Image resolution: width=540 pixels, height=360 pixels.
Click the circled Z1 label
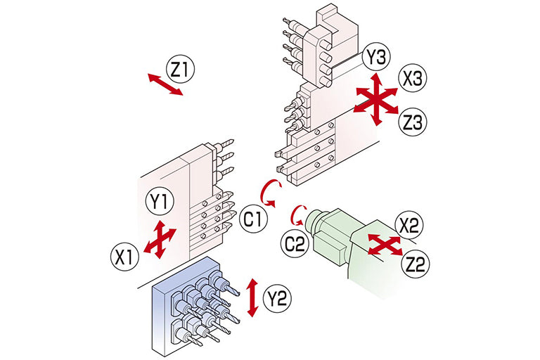(x=180, y=69)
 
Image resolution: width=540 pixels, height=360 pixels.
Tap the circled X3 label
(x=412, y=79)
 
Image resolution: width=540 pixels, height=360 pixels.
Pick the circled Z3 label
(x=412, y=122)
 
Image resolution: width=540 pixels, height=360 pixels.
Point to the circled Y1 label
(x=160, y=202)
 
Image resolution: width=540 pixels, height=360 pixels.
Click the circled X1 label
(x=124, y=257)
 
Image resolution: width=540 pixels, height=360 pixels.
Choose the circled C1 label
(x=254, y=219)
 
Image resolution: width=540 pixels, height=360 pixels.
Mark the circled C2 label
(x=295, y=243)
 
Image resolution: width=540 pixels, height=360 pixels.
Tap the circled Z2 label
(x=416, y=264)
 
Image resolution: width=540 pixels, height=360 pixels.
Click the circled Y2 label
(x=277, y=298)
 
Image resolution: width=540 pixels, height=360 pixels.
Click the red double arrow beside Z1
(x=165, y=84)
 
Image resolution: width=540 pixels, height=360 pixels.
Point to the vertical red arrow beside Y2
(x=253, y=297)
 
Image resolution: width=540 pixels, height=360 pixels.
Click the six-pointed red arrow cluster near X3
(x=377, y=100)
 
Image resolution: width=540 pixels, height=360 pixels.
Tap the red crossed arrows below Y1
(x=160, y=240)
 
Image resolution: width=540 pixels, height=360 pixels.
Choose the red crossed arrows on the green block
(x=385, y=243)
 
